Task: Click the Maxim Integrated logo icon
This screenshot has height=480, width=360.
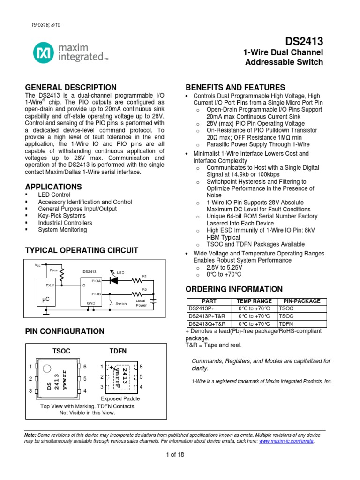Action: coord(44,52)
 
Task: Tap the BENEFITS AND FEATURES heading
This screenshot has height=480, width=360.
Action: coord(235,87)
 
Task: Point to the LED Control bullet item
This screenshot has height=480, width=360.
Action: coord(54,195)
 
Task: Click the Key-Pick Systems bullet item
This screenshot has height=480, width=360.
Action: coord(61,216)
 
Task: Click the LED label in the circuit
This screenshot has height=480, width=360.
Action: coord(120,272)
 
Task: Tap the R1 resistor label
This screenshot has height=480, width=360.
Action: coord(144,276)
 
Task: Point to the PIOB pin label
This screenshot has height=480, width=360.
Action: coord(96,294)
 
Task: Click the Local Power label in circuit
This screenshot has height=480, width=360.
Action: coord(141,303)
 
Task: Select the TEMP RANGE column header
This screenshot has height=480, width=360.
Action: coord(254,301)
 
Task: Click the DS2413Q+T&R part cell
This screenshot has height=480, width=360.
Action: coord(207,324)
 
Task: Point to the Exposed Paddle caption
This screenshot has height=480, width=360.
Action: coord(120,398)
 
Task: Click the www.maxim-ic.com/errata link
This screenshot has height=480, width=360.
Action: coord(286,441)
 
